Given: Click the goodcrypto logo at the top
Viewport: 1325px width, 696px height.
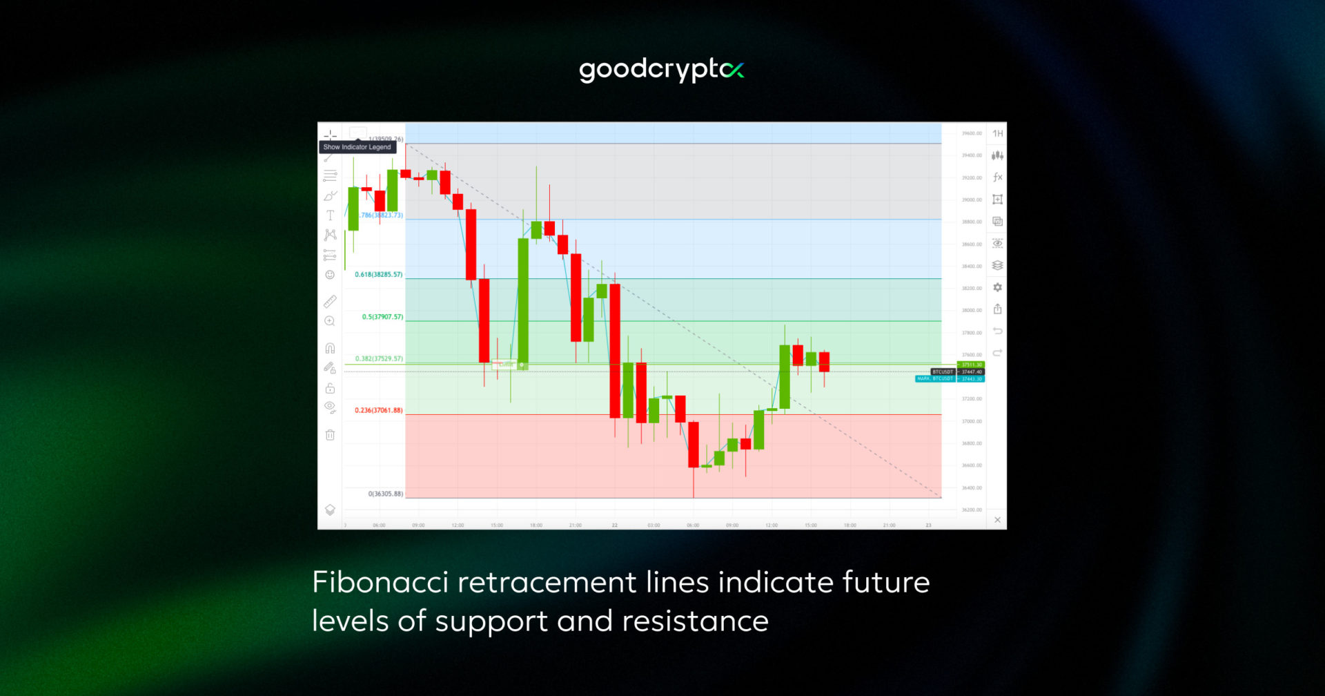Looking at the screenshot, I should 661,70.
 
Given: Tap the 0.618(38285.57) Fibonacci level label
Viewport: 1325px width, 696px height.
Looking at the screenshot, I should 378,275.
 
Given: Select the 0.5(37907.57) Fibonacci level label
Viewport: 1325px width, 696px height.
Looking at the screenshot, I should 382,317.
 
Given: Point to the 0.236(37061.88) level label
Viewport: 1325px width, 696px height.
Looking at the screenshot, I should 378,410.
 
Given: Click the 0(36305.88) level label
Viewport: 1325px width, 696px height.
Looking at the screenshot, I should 385,494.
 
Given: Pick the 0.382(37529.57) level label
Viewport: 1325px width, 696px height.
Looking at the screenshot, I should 379,359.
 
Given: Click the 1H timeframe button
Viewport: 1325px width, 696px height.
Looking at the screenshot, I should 997,133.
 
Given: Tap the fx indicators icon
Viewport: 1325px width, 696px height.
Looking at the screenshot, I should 997,177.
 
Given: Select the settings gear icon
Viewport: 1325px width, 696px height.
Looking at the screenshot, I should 997,287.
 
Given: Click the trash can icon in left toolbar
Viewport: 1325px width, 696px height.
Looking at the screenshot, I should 330,435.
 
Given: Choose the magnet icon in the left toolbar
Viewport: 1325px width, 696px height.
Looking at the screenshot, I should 330,348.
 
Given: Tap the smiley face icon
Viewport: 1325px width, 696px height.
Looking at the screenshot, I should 330,275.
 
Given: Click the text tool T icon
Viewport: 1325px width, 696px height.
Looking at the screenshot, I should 330,215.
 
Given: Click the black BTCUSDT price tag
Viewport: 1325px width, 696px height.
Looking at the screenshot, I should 943,371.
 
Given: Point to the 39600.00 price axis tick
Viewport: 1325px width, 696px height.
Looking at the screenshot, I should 972,133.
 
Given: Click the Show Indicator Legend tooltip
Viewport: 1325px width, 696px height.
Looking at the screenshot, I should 357,147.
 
